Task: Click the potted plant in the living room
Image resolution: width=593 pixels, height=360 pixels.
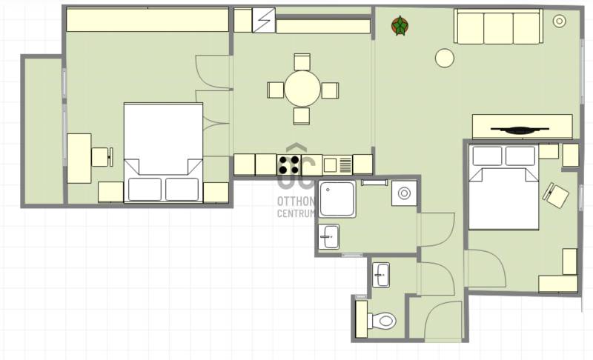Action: click(400, 26)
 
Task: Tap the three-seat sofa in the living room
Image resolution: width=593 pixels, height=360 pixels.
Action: click(498, 27)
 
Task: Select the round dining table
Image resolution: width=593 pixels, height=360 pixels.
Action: click(302, 89)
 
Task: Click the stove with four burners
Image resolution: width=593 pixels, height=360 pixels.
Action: click(289, 164)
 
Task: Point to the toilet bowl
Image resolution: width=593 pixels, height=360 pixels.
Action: click(382, 321)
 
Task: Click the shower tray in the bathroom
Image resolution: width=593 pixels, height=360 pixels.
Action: click(337, 199)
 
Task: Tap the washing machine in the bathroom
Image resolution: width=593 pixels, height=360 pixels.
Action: click(404, 193)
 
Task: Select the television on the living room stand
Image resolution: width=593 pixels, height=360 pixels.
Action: click(520, 130)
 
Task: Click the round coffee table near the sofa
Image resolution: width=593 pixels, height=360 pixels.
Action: click(444, 59)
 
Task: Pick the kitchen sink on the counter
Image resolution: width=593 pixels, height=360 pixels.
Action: click(337, 165)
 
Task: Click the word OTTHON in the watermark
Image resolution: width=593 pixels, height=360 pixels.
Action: click(296, 201)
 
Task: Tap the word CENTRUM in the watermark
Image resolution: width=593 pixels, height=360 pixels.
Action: click(296, 213)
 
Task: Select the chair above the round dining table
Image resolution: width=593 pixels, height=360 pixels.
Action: click(302, 62)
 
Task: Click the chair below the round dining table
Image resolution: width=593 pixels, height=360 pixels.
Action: click(302, 116)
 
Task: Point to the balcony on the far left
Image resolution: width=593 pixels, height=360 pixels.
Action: click(43, 130)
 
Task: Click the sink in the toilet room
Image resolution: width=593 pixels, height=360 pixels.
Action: click(381, 275)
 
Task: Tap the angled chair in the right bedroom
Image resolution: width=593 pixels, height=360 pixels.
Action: click(556, 196)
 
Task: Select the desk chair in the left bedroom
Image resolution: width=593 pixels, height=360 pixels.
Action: click(102, 157)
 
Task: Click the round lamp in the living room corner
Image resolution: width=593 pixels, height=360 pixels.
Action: click(560, 21)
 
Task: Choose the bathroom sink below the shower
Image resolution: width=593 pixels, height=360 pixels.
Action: click(328, 237)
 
